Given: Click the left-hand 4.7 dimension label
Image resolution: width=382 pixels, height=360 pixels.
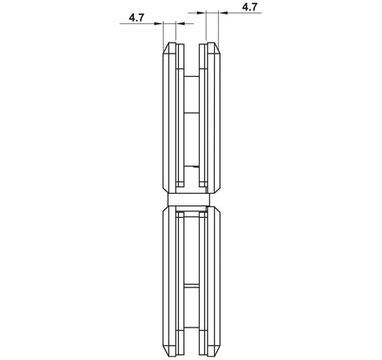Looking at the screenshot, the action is pyautogui.click(x=136, y=18).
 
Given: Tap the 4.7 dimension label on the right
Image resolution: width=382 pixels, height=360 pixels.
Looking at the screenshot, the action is pyautogui.click(x=250, y=7).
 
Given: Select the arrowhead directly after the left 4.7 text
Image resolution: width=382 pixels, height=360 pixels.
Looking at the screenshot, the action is pyautogui.click(x=159, y=23).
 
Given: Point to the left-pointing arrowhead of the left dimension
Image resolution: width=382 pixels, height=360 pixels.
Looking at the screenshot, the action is pyautogui.click(x=180, y=23).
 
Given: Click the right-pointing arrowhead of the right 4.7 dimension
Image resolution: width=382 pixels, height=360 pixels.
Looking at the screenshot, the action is pyautogui.click(x=201, y=13).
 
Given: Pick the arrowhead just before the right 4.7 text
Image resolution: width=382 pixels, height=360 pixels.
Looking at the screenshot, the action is pyautogui.click(x=222, y=13).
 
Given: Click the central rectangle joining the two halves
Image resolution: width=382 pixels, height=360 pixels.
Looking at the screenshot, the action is pyautogui.click(x=189, y=200).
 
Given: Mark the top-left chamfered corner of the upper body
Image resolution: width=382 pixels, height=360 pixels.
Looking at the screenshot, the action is pyautogui.click(x=166, y=48).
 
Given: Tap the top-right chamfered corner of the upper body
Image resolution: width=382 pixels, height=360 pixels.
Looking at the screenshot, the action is pyautogui.click(x=217, y=48).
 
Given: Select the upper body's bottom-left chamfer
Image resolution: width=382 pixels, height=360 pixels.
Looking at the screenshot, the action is pyautogui.click(x=166, y=189).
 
